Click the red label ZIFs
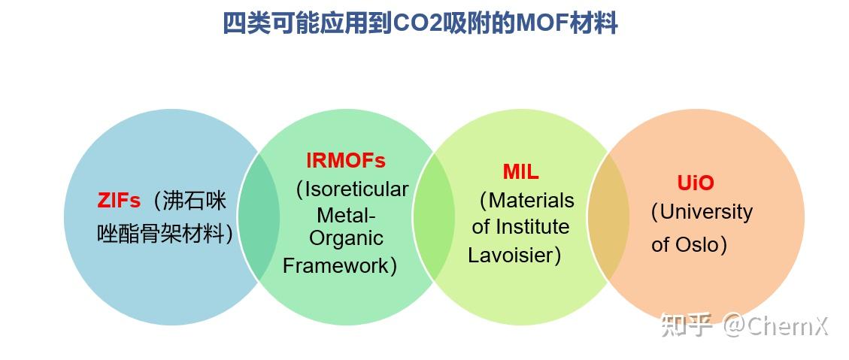(119, 201)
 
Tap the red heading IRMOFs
(345, 161)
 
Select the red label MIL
(520, 172)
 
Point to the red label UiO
(695, 183)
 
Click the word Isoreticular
(356, 189)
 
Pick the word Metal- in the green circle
(345, 216)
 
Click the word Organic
(346, 239)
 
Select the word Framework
(336, 265)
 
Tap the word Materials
(531, 201)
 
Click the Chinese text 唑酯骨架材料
(162, 234)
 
